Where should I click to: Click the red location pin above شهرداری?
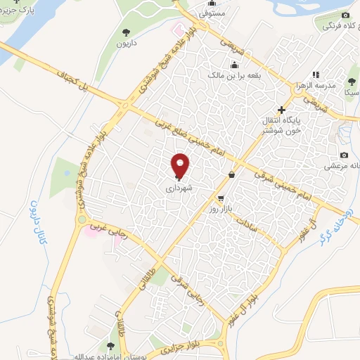[181, 166]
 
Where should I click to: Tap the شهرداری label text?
[179, 188]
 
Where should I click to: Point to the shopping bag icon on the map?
[232, 174]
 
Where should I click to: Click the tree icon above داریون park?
[127, 32]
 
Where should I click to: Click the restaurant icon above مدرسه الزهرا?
[316, 74]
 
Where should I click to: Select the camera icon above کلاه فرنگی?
[345, 15]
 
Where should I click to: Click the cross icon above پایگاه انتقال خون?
[281, 110]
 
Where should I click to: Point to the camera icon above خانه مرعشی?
[344, 155]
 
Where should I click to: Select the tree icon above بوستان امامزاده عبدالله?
[110, 346]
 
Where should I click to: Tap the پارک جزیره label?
[18, 11]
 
